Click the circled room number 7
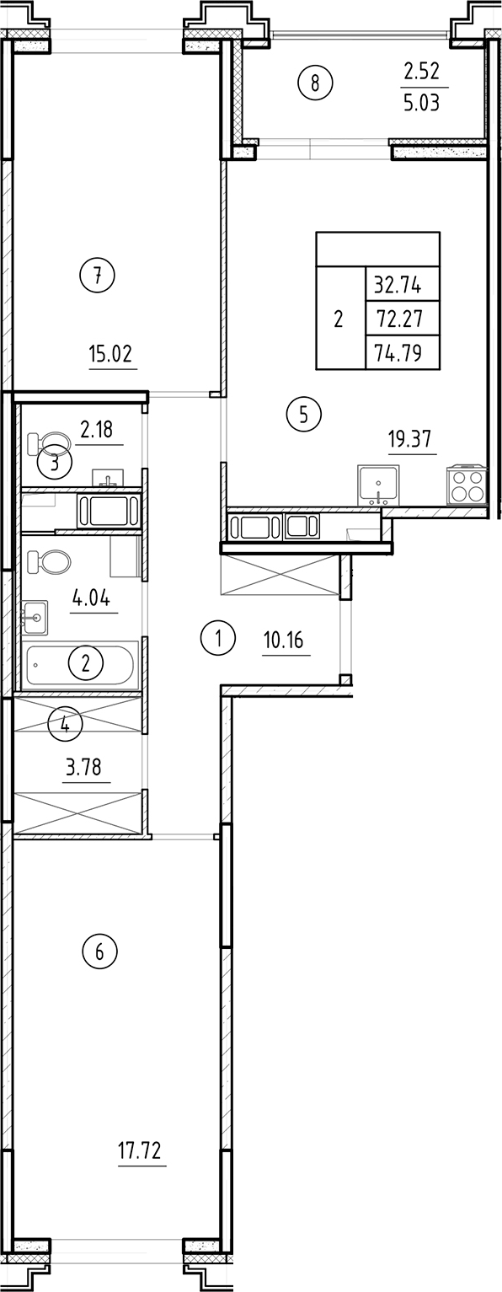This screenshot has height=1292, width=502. [98, 276]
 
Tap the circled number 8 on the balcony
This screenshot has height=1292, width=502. [316, 83]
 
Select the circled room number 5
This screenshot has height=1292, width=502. [304, 414]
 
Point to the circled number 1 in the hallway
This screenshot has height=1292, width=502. [217, 638]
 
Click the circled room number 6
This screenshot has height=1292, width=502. [99, 953]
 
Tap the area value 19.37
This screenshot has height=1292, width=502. [412, 440]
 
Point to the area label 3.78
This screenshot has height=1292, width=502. [87, 768]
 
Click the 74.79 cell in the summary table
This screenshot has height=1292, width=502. [401, 352]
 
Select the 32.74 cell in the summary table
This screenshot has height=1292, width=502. [401, 285]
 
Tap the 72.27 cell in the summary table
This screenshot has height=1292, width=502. [401, 319]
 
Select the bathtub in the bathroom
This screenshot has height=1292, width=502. [81, 665]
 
